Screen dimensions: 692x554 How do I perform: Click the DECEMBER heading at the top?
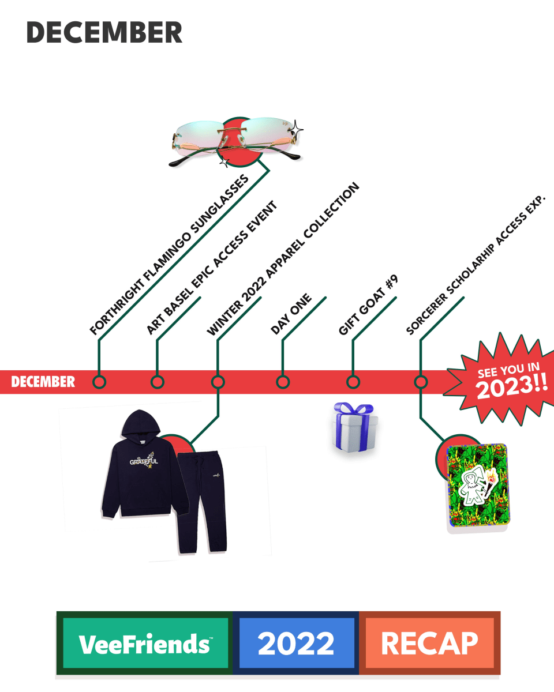104,33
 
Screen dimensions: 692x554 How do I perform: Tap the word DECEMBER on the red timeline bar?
43,382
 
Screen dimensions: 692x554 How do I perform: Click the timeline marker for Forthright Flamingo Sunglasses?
99,382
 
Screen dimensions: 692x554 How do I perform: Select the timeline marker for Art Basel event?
157,382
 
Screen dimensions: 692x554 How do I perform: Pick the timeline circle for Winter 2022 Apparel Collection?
218,382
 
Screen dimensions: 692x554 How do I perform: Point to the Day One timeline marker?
282,382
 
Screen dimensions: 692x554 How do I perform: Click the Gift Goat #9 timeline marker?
353,382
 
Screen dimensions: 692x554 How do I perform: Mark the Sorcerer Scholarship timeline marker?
421,382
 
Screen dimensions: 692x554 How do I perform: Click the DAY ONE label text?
291,314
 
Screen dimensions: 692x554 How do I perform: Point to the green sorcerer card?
478,488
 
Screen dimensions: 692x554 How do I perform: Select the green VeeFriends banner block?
144,643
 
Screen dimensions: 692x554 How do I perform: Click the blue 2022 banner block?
296,643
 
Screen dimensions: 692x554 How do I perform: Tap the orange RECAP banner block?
429,643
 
